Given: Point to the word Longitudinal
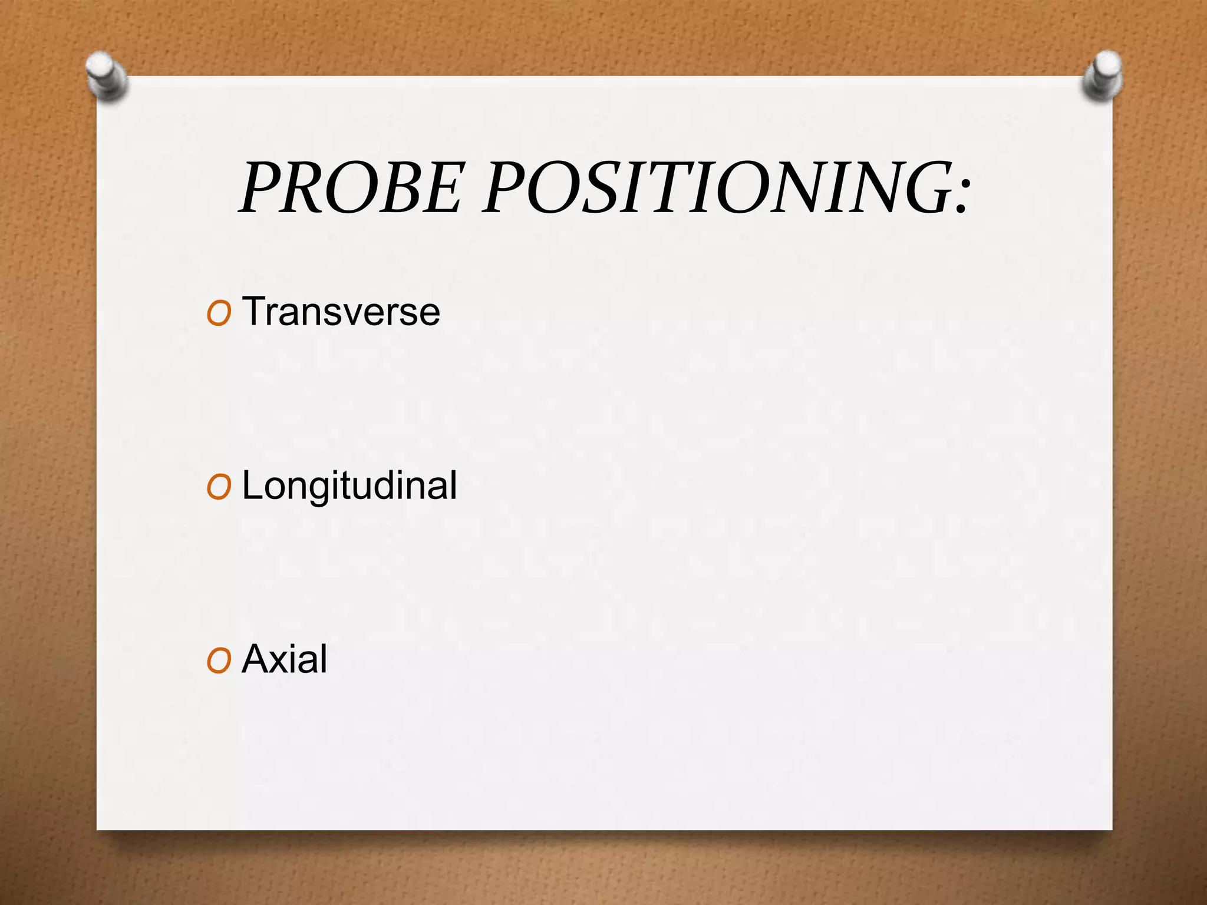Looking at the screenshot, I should click(349, 487).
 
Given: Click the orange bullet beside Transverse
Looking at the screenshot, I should click(219, 313).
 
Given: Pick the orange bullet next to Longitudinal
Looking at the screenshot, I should click(219, 488).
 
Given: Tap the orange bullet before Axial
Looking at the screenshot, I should click(219, 661).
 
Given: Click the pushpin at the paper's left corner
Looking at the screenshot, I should click(106, 76).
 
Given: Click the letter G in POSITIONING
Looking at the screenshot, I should click(921, 188).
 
